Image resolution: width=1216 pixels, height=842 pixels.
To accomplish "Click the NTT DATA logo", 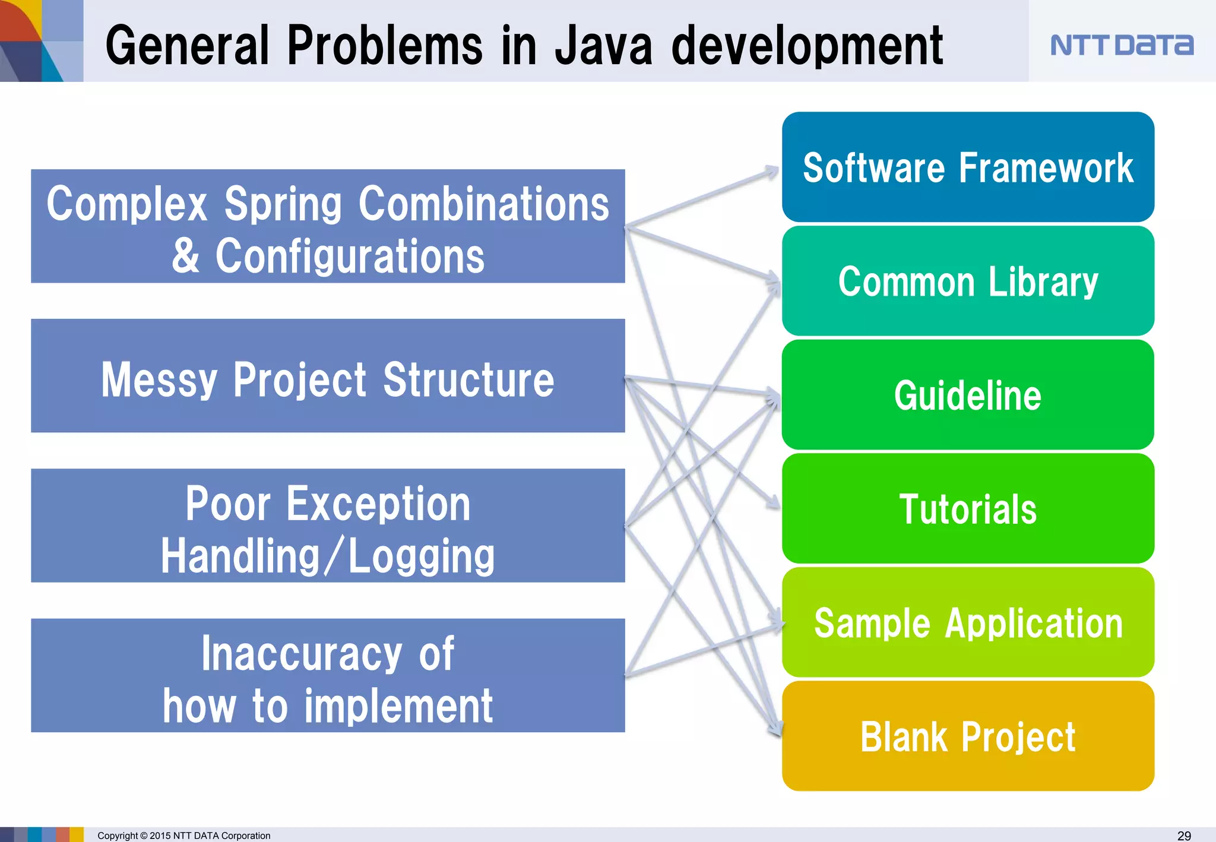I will [x=1121, y=45].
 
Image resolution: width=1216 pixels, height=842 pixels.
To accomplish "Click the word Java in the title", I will [x=603, y=46].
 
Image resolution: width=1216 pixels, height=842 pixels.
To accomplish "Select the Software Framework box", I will [x=968, y=167].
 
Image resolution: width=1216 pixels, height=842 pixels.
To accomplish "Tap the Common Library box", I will [x=968, y=281].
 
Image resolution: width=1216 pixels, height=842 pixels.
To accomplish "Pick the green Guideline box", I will [x=968, y=395].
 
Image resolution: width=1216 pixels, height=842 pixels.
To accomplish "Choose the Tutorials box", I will [x=968, y=509].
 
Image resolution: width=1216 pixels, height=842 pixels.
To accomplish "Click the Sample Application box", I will [x=968, y=623].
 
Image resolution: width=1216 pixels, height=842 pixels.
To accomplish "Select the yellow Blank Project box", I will [x=968, y=737].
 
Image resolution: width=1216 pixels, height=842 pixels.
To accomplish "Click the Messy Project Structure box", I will [x=328, y=379].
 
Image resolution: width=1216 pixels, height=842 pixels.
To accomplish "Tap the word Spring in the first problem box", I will [x=283, y=205].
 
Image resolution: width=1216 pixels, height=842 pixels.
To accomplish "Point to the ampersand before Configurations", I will [x=186, y=256].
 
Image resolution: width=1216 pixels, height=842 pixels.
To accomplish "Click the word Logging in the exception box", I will [x=420, y=557].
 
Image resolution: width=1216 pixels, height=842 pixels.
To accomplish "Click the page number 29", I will [x=1183, y=835].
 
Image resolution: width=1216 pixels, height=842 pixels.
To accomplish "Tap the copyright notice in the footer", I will [x=183, y=835].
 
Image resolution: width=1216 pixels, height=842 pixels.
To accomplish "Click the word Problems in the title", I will [x=385, y=46].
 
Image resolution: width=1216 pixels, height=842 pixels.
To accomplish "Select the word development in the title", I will [x=806, y=46].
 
